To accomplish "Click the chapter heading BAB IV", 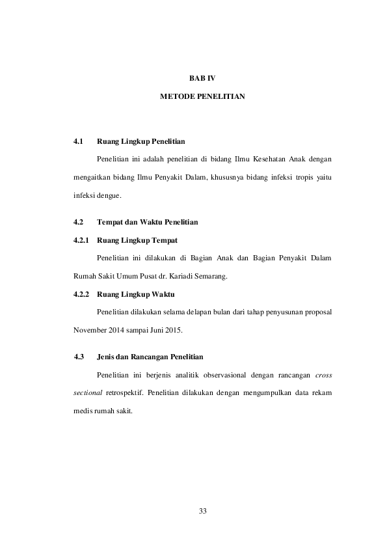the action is tap(202, 79).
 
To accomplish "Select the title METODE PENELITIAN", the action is tap(202, 96).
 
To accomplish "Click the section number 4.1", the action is tap(79, 141).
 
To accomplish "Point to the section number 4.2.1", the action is tap(82, 240).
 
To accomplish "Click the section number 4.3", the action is tap(80, 357).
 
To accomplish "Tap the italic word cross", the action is tap(323, 376).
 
